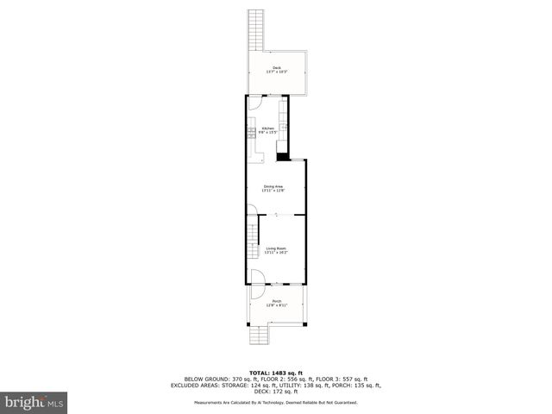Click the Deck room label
(277, 67)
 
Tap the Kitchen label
(268, 128)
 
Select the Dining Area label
(273, 185)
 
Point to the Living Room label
(276, 248)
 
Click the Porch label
(277, 301)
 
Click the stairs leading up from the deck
(255, 30)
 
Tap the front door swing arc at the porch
(256, 278)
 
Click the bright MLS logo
(34, 402)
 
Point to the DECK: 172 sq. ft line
(276, 391)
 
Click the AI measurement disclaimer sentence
(276, 402)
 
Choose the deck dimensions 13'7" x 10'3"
(277, 72)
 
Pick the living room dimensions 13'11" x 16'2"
(276, 252)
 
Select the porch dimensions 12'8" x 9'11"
(277, 305)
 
